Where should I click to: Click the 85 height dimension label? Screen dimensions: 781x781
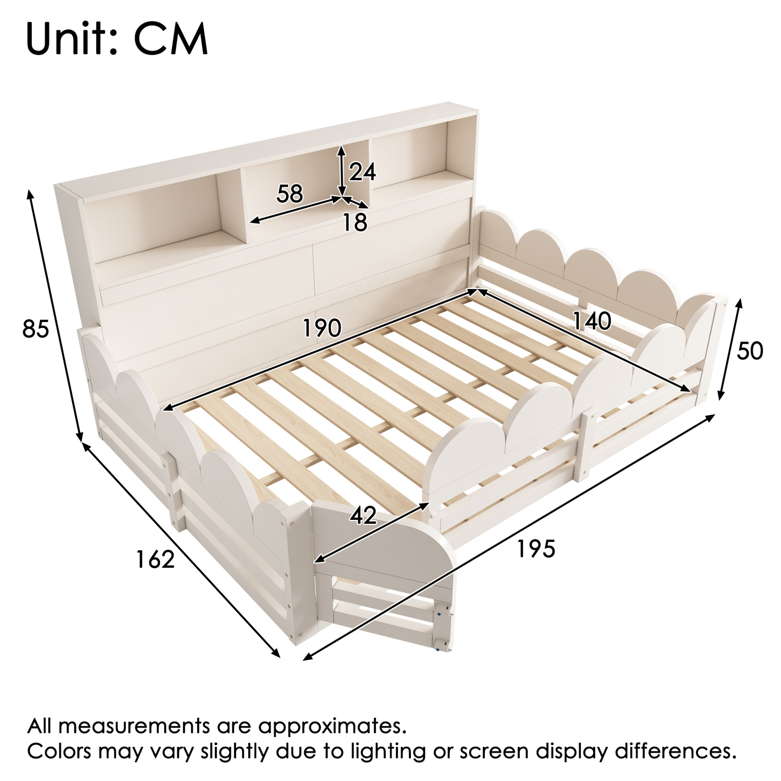36,329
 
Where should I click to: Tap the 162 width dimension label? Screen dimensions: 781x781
155,559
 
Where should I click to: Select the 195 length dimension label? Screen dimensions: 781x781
536,549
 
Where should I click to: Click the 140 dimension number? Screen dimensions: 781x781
592,322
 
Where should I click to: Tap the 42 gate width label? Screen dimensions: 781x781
364,515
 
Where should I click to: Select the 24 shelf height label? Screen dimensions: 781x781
363,171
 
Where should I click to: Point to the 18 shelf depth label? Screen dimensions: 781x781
355,222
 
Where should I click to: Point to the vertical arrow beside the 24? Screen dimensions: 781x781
342,170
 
